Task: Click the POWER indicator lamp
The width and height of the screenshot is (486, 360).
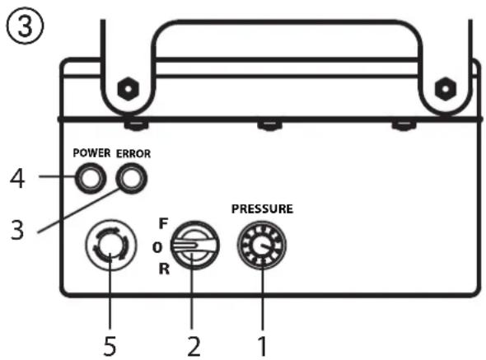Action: [x=90, y=179]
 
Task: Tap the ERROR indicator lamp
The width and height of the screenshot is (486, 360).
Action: [x=132, y=179]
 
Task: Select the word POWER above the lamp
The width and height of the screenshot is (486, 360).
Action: [x=91, y=153]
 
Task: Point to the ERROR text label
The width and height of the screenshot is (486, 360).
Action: [x=133, y=153]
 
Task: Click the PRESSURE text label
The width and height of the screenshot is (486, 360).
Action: [x=262, y=208]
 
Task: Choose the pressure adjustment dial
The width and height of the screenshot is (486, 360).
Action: [x=262, y=245]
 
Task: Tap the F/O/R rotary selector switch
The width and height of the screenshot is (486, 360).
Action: [x=195, y=245]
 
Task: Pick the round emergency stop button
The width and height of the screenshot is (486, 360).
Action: [x=110, y=245]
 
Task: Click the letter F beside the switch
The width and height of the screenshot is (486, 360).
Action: [x=163, y=223]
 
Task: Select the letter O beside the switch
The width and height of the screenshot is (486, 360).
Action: [x=157, y=247]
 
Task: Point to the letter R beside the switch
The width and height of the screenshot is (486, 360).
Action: [x=164, y=269]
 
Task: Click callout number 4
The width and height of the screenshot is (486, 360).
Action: [x=17, y=179]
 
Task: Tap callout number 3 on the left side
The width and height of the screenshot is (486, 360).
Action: [x=17, y=230]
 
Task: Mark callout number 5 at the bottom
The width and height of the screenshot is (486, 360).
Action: [x=110, y=346]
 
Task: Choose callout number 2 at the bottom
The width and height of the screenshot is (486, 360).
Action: [x=194, y=346]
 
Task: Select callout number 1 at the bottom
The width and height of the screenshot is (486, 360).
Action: [x=262, y=346]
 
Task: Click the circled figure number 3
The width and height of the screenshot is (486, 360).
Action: [x=25, y=26]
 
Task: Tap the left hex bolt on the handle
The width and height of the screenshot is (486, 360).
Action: [x=129, y=89]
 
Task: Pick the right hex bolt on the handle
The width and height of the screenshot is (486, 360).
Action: [x=446, y=89]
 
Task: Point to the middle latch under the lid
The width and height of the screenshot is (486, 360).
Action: [x=269, y=125]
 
